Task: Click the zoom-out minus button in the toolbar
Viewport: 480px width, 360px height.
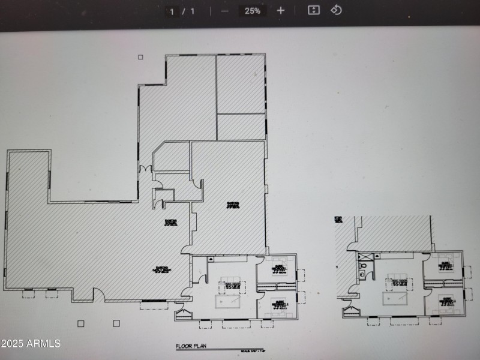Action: point(224,10)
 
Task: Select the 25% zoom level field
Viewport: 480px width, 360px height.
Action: point(252,10)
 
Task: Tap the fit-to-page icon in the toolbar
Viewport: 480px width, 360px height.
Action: point(313,10)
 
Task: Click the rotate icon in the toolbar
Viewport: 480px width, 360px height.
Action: point(337,10)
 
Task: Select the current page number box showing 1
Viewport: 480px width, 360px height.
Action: point(172,11)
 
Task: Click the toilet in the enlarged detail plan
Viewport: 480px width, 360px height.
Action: point(362,267)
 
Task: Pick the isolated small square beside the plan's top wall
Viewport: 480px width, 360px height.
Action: point(140,58)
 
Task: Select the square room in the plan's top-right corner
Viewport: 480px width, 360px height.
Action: point(241,84)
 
